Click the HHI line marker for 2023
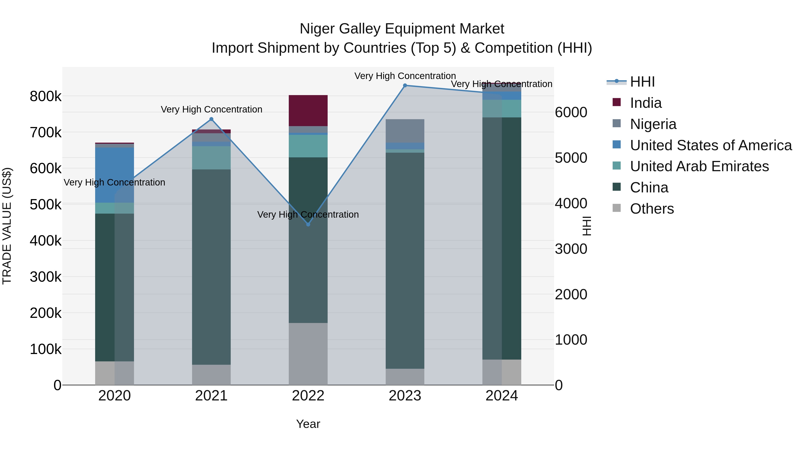click(x=405, y=85)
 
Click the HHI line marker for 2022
click(x=308, y=224)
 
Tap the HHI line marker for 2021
click(x=211, y=119)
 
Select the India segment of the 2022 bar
click(x=308, y=110)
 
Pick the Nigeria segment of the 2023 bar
click(x=405, y=131)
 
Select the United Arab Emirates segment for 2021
click(x=211, y=158)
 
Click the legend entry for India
click(x=645, y=103)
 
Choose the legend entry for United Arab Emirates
click(x=699, y=166)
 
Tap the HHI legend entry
click(x=642, y=82)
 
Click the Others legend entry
click(x=652, y=209)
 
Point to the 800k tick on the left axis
click(x=46, y=96)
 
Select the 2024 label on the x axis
click(x=502, y=396)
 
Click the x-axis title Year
click(x=308, y=424)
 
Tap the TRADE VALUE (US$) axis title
click(x=7, y=226)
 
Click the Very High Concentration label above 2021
click(x=211, y=110)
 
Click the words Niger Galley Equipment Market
click(x=402, y=29)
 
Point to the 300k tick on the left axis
click(x=46, y=277)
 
